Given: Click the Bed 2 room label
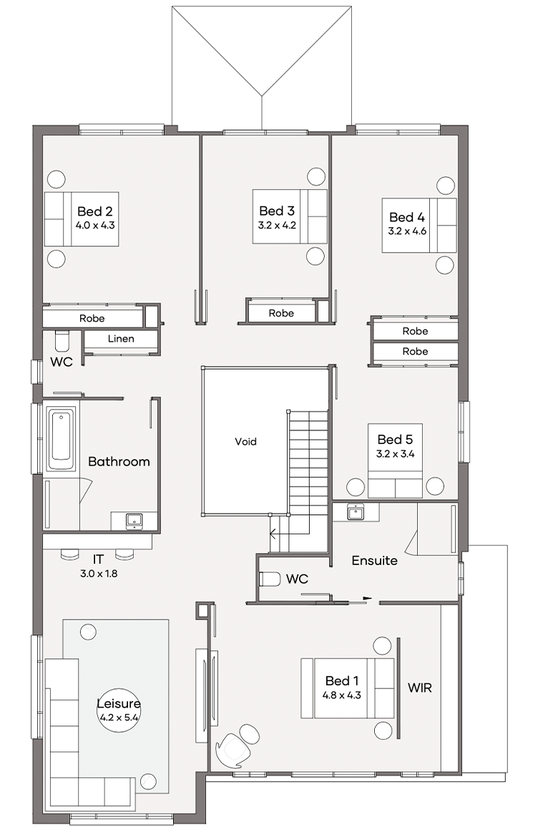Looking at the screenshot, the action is coord(95,211).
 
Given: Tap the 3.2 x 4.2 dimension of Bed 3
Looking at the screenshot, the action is coord(277,225).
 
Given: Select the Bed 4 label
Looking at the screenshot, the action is coord(407,217).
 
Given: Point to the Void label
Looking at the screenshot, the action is coord(245,441).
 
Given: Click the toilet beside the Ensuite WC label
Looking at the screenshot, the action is coord(270,579).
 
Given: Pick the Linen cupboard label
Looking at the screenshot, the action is coord(121,339).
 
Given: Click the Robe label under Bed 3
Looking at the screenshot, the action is coord(281,313).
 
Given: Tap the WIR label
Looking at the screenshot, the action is coord(420,688).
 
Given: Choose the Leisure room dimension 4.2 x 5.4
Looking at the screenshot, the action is coord(119,717).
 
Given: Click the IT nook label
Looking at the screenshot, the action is coord(98,559).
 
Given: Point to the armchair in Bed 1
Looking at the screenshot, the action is coord(233,746).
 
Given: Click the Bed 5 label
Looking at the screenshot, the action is coord(395,439).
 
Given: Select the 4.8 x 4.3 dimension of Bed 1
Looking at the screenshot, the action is coord(342,695).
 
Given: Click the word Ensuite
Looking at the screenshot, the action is coord(375,561).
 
